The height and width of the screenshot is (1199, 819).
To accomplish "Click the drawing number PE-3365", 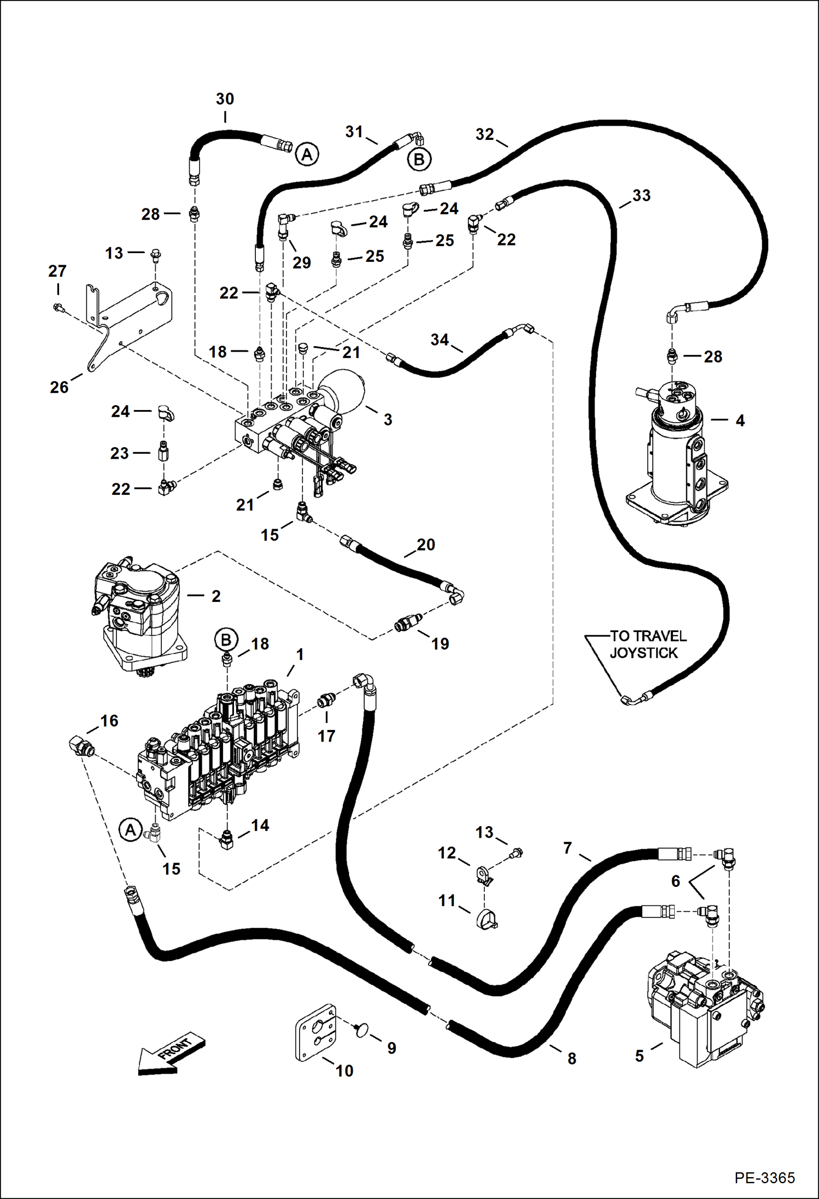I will [x=764, y=1177].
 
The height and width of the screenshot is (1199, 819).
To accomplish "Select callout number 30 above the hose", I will [x=225, y=99].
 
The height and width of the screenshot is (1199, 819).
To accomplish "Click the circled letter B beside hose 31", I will [x=419, y=160].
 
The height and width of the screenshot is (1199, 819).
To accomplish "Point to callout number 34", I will [x=440, y=340].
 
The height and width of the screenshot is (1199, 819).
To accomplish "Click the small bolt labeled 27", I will [x=58, y=308].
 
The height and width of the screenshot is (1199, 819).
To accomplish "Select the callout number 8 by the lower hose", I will [x=572, y=1058].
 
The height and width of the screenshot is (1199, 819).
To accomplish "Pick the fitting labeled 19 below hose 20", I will [x=408, y=622].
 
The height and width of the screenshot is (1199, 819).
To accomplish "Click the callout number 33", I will [x=641, y=195].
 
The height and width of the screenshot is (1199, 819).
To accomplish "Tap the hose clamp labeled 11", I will [x=485, y=919].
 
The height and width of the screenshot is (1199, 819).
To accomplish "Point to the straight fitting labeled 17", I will [x=327, y=700].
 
